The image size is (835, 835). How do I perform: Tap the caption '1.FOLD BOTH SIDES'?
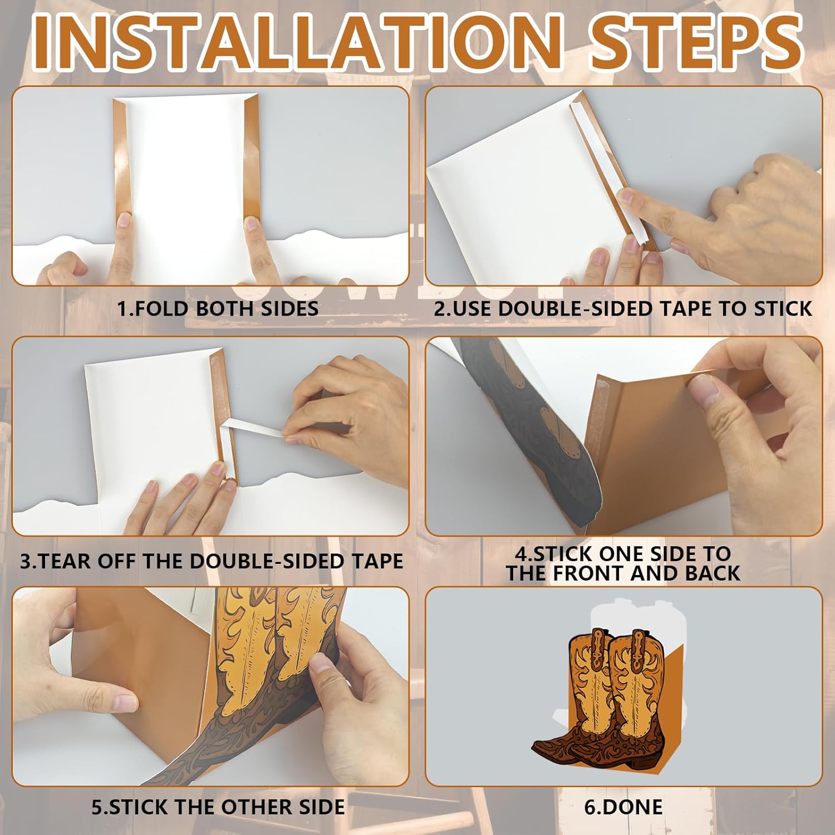click(x=218, y=308)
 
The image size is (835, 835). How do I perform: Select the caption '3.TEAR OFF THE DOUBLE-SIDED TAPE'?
click(x=212, y=561)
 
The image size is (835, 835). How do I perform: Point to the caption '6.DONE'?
click(x=623, y=807)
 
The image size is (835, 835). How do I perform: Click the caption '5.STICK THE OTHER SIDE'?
click(x=218, y=807)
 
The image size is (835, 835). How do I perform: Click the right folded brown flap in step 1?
click(x=252, y=159)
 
